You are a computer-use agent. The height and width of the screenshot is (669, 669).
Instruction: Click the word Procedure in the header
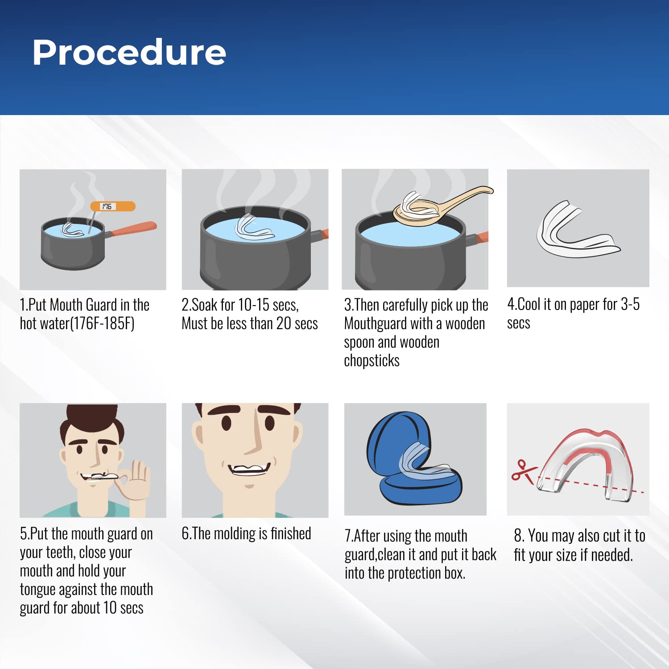129,53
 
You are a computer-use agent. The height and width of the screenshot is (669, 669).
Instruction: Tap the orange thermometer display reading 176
112,206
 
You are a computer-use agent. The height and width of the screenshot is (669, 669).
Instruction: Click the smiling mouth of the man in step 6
250,470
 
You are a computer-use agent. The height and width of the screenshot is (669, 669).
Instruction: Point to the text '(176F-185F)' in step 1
102,323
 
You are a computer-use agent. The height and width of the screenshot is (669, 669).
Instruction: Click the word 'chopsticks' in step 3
372,360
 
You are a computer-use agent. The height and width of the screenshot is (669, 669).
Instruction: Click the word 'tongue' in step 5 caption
37,590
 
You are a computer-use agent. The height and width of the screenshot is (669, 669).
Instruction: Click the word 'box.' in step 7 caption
454,573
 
